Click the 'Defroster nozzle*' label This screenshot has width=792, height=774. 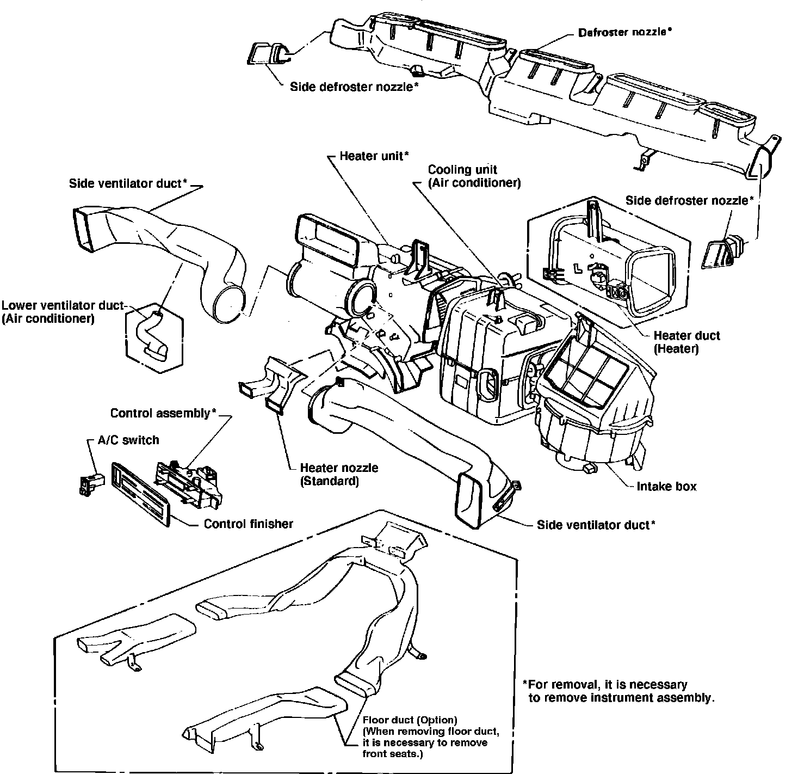(624, 32)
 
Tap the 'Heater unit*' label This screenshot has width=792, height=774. (374, 156)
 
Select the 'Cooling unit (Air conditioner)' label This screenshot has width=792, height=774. (474, 176)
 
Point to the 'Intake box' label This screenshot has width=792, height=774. (666, 486)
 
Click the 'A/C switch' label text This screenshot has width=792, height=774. (128, 440)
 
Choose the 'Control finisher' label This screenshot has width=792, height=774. (248, 524)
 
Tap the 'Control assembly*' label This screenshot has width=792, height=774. (163, 413)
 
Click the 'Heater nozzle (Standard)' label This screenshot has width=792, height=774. (339, 474)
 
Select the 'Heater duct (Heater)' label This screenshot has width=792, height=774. (686, 342)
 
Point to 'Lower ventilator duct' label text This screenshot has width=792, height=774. (63, 305)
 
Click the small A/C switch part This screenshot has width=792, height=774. (90, 483)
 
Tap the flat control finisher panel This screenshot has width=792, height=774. (140, 494)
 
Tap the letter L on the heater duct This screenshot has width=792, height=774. (577, 268)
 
